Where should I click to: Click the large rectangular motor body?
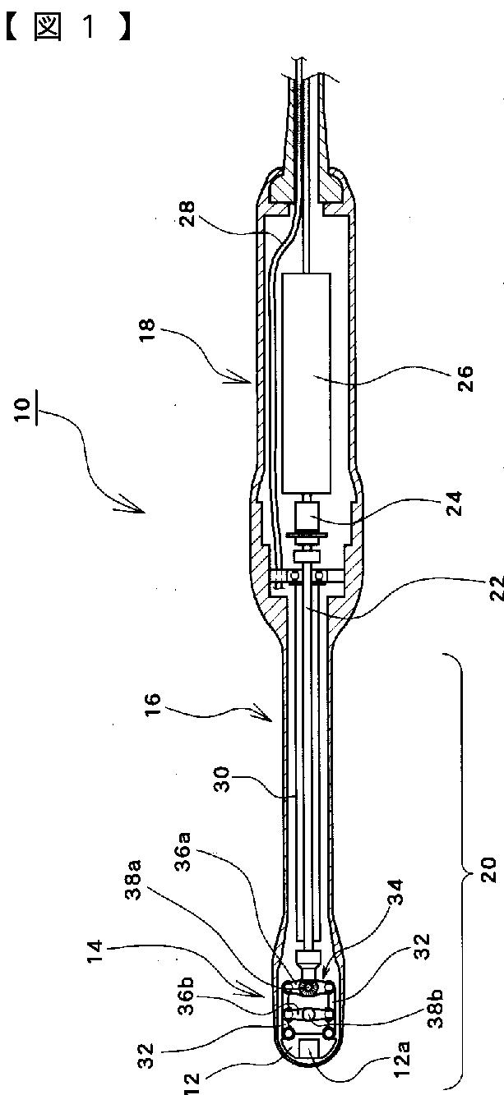pos(306,381)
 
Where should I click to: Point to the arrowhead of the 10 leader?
pos(123,503)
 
